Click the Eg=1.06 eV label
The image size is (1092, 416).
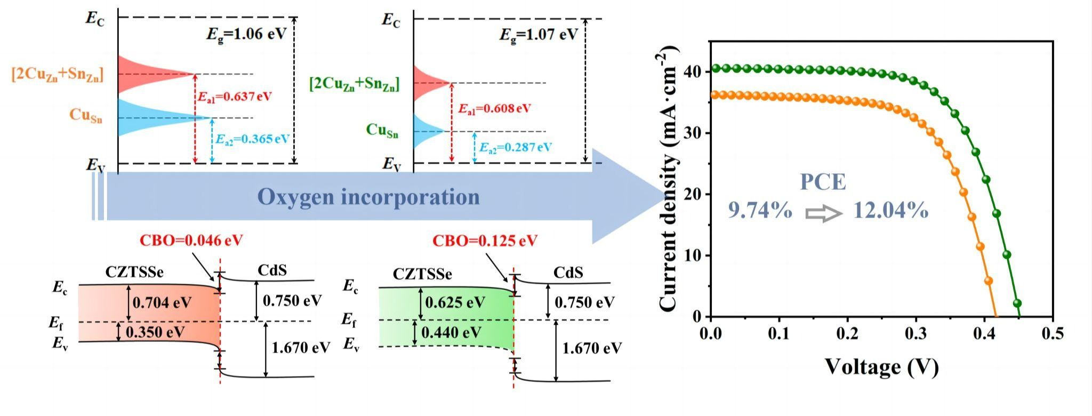coord(246,34)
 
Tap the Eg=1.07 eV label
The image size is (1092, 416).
coord(538,35)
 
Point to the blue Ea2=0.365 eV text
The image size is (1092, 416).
coord(252,139)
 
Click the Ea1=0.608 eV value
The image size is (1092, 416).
coord(494,109)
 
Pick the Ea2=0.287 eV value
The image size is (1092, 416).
coord(516,147)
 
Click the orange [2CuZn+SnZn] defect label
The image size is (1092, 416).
coord(57,74)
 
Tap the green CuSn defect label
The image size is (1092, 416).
coord(382,130)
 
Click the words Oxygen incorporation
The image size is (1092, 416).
coord(368,197)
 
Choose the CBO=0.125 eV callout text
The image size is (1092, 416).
coord(484,241)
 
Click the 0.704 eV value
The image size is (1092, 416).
coord(162,303)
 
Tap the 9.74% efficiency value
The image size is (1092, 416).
coord(760,211)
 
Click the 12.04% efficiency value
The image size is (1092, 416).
coord(891,211)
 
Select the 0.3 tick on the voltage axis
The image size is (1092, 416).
coord(916,334)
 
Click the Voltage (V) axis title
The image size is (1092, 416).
coord(881,367)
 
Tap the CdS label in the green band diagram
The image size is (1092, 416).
coord(568,273)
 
